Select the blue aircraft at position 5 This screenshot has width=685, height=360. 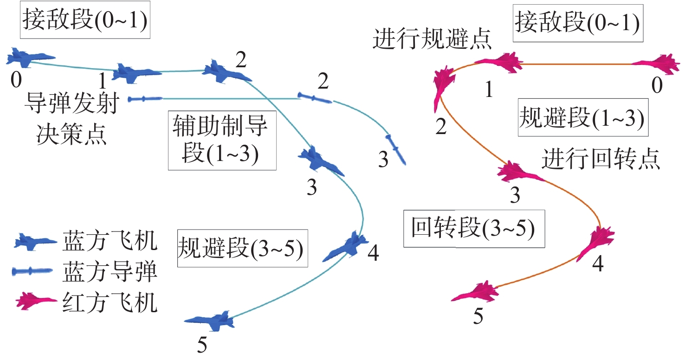point(209,320)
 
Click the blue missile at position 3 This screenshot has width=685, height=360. point(395,148)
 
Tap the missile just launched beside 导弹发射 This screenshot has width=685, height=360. point(145,98)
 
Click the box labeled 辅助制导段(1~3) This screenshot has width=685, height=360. point(222,140)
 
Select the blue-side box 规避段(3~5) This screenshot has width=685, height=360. point(242,248)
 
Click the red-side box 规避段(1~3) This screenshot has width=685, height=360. point(582,117)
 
